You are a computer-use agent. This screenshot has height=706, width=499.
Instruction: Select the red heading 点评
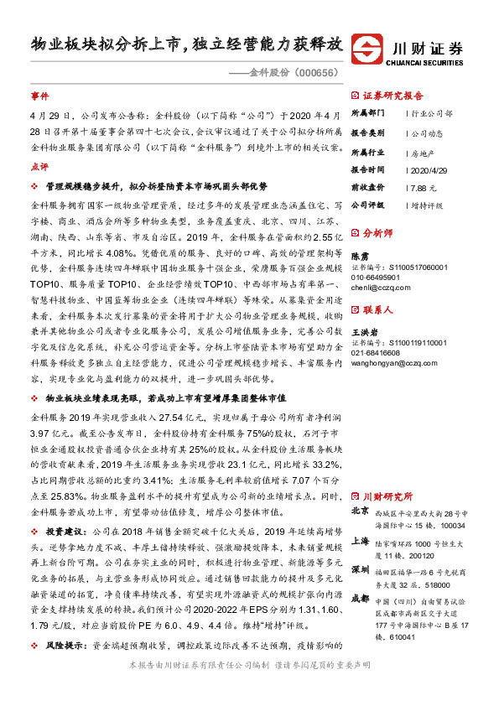39,167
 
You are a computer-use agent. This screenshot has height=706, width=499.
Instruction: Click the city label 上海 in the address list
359,542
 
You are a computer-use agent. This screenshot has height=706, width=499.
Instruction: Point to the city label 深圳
359,569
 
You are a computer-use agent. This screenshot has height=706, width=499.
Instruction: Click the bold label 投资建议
65,532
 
